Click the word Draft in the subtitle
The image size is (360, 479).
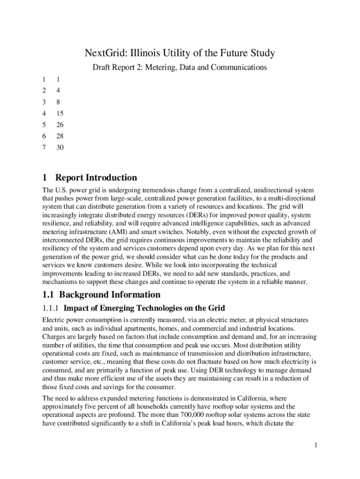(102, 68)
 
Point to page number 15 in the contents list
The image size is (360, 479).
(59, 113)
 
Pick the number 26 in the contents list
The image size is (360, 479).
(59, 125)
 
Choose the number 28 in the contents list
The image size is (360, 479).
(59, 136)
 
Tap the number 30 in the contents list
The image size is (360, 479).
(59, 148)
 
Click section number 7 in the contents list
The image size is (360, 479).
(44, 148)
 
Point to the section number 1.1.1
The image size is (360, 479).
(50, 308)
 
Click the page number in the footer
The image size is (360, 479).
(317, 445)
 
